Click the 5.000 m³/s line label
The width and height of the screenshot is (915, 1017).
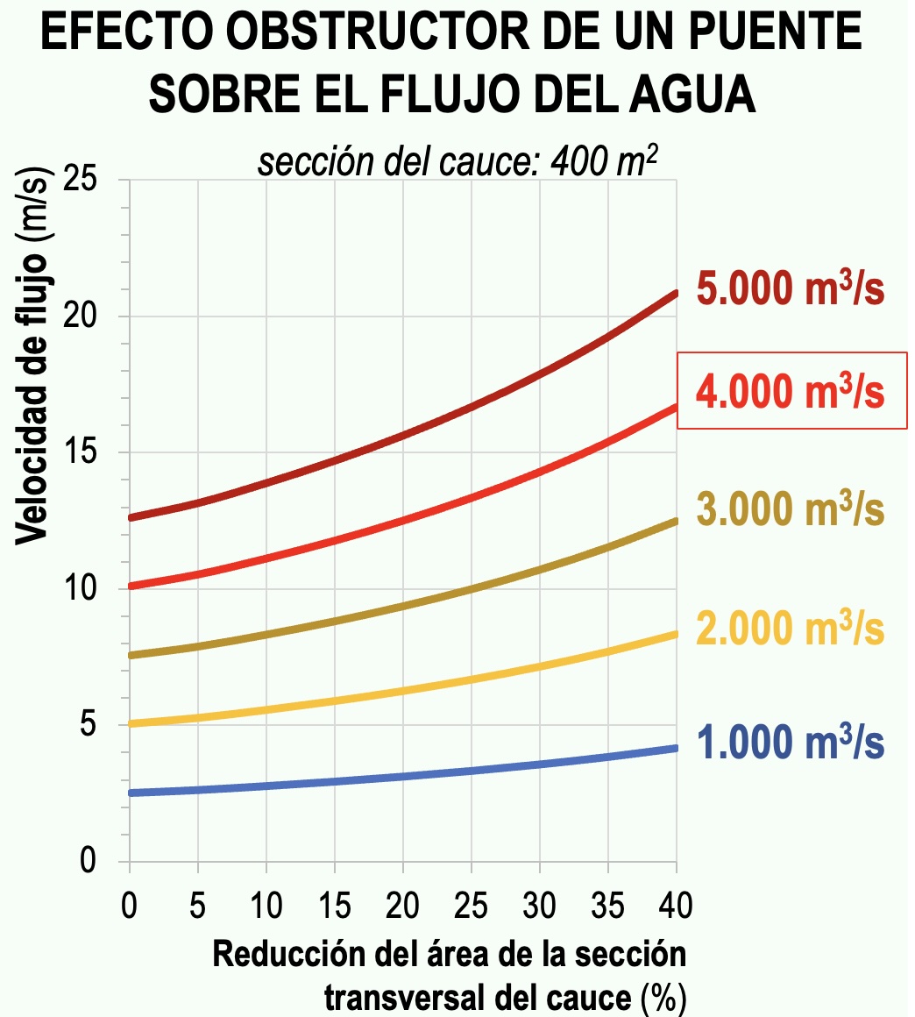tap(791, 290)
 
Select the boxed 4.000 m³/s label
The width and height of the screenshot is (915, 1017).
tap(791, 391)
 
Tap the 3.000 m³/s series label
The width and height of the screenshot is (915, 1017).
tap(791, 508)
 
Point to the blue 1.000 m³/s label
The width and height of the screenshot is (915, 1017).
tap(791, 743)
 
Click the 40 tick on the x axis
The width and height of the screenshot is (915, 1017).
tap(676, 906)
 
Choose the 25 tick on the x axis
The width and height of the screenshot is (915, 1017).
tap(471, 906)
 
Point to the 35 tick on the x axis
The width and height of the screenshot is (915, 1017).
tap(607, 906)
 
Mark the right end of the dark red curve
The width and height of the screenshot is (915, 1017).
tap(676, 293)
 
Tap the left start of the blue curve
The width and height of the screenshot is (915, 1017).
tap(131, 793)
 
